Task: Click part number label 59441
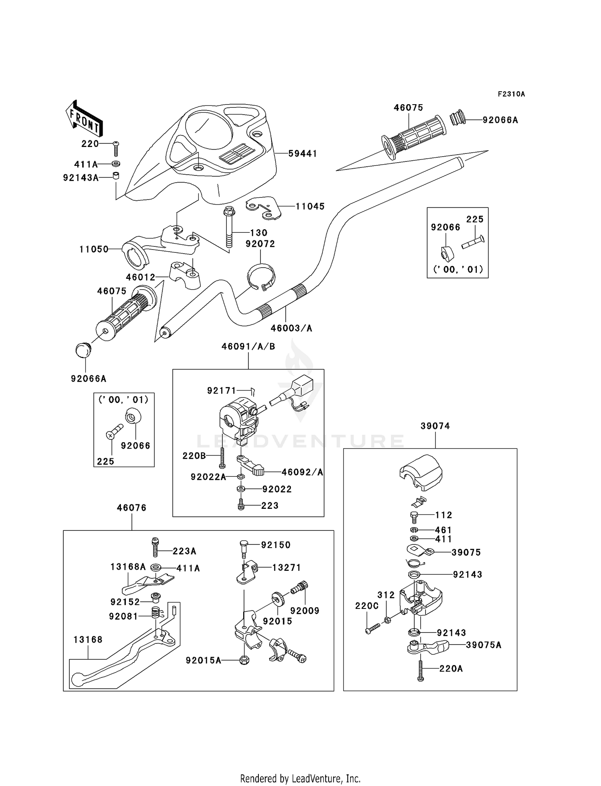[x=303, y=153]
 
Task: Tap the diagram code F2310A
[x=511, y=94]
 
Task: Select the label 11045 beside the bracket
[x=310, y=206]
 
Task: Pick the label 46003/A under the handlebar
[x=291, y=328]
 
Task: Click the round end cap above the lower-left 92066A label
[x=84, y=350]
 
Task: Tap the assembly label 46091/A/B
[x=248, y=347]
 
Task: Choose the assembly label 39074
[x=435, y=426]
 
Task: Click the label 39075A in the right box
[x=483, y=645]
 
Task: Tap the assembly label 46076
[x=131, y=508]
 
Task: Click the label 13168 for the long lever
[x=88, y=640]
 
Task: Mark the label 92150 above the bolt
[x=276, y=545]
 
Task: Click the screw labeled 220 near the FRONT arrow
[x=116, y=149]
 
